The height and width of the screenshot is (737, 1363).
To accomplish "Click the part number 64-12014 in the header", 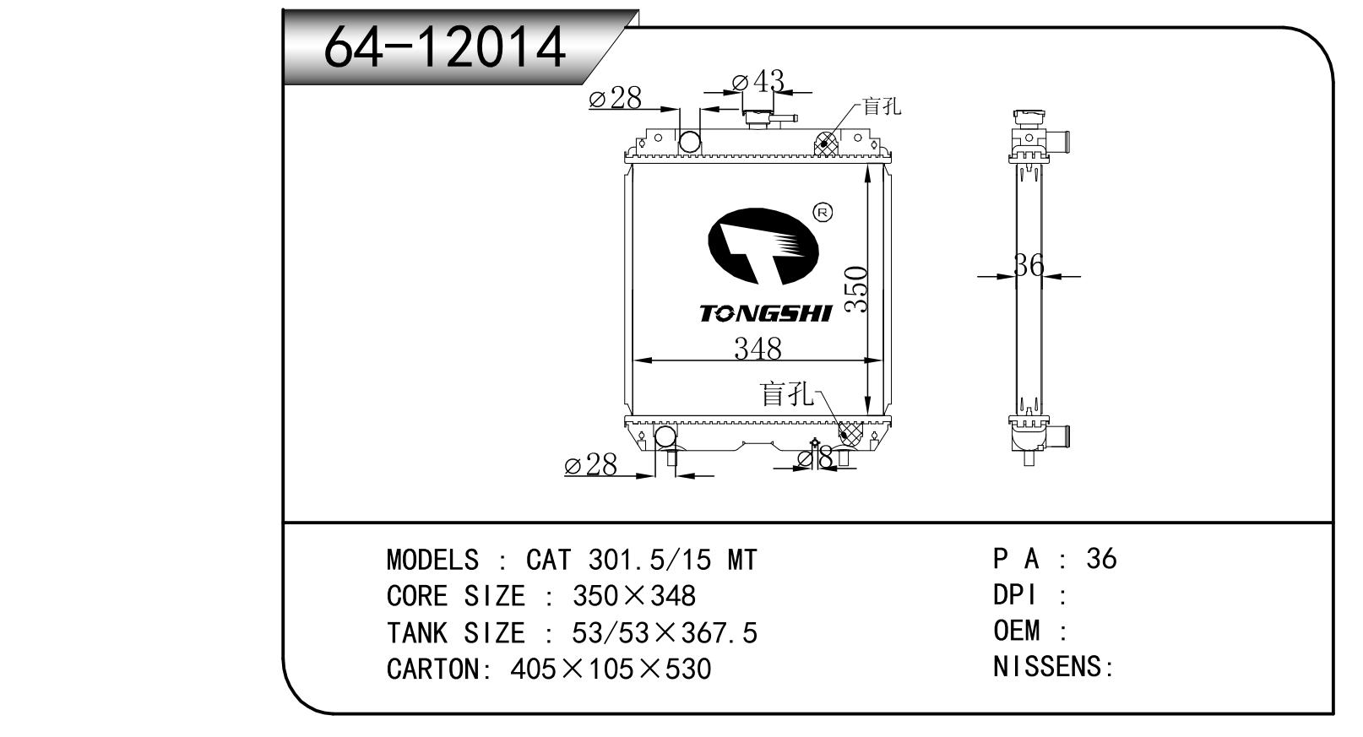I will tap(444, 46).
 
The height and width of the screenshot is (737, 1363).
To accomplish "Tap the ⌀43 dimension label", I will tap(758, 81).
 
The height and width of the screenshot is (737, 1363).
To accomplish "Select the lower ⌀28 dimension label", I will tap(590, 464).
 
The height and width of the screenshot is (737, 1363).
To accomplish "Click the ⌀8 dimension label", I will tap(815, 458).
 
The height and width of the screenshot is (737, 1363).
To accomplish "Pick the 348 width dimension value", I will tap(757, 348).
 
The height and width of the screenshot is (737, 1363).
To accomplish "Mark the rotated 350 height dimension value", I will tap(856, 290).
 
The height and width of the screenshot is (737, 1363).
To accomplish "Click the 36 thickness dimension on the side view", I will tap(1028, 266).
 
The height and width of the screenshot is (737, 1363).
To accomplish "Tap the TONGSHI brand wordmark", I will tap(765, 314).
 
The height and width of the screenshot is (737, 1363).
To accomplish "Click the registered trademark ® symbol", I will tap(822, 212).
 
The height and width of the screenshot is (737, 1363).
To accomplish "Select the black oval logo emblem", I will tap(763, 246).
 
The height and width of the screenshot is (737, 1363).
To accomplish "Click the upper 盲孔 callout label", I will tap(882, 106).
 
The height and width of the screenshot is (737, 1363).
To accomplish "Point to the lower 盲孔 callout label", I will tap(785, 393).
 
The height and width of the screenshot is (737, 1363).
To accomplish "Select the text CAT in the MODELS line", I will tap(548, 560).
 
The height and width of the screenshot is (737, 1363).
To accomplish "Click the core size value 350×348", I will tap(634, 596).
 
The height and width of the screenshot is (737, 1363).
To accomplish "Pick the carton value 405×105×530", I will tap(611, 669).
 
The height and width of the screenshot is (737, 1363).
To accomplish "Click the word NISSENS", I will tap(1048, 667).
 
